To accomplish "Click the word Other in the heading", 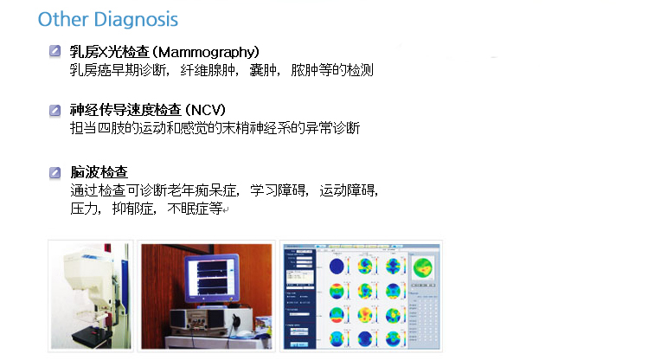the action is click(x=63, y=19).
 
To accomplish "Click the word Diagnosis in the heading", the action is click(x=136, y=20).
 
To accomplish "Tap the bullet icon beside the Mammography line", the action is click(x=55, y=51).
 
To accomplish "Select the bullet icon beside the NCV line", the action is click(x=55, y=111).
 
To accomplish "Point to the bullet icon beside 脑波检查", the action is click(x=55, y=173).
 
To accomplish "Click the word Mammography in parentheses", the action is click(x=205, y=52).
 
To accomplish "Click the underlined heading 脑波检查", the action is click(x=99, y=172).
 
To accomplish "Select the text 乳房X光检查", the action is click(x=109, y=52).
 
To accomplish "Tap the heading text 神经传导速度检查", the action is click(x=126, y=110).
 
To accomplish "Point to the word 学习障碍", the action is click(x=278, y=190).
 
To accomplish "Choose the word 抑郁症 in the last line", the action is click(x=132, y=209).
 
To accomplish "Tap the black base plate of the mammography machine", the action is click(x=92, y=337).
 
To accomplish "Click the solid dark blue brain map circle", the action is click(x=337, y=267).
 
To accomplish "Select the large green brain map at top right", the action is click(x=422, y=267).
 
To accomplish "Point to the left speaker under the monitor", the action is click(x=179, y=320).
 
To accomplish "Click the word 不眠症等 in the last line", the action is click(x=195, y=209).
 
